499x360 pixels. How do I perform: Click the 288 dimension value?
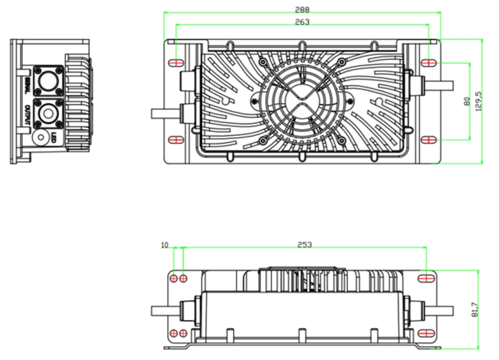pyautogui.click(x=302, y=9)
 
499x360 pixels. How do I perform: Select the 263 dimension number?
pyautogui.click(x=302, y=22)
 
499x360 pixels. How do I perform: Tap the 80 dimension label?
pyautogui.click(x=467, y=101)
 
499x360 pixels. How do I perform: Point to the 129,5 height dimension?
pyautogui.click(x=479, y=101)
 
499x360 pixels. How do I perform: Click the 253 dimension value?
pyautogui.click(x=305, y=244)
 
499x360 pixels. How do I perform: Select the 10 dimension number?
pyautogui.click(x=165, y=245)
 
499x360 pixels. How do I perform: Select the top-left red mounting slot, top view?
pyautogui.click(x=176, y=63)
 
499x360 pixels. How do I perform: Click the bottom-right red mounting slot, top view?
pyautogui.click(x=429, y=140)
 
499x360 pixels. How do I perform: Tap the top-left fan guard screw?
pyautogui.click(x=263, y=62)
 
